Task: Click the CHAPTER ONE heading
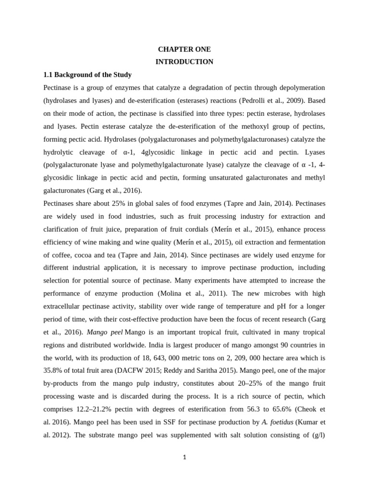coord(184,49)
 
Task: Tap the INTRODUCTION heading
coord(184,62)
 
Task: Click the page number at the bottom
coord(184,457)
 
